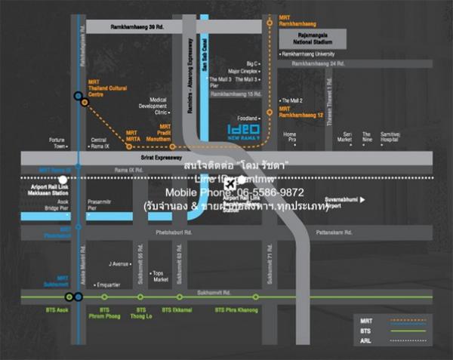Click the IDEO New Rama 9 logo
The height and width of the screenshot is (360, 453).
pos(245,133)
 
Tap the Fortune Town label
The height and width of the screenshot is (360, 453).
pos(57,143)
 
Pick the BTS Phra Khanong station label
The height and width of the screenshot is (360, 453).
pos(236,309)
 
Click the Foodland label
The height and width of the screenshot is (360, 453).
pos(248,118)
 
